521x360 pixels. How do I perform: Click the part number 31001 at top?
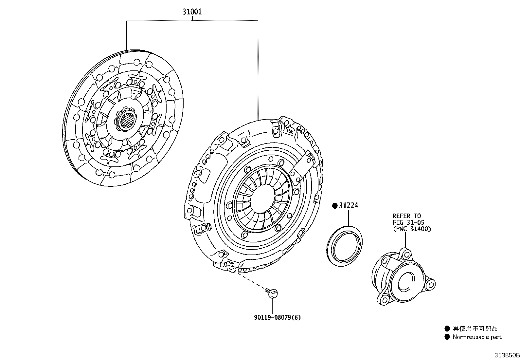(x=192, y=12)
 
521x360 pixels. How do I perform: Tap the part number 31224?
(x=349, y=206)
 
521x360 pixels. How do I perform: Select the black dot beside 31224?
(x=335, y=206)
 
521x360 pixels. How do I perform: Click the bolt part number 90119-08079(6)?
(x=277, y=317)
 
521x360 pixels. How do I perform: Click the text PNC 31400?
(x=412, y=229)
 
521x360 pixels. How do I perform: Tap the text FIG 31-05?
(x=408, y=222)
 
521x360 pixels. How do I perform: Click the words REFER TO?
(x=407, y=216)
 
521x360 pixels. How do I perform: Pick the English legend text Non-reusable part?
(x=477, y=337)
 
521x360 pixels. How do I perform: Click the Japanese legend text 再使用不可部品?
(x=475, y=329)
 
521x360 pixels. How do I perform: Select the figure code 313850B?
(x=507, y=355)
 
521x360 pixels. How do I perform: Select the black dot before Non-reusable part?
(x=447, y=337)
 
